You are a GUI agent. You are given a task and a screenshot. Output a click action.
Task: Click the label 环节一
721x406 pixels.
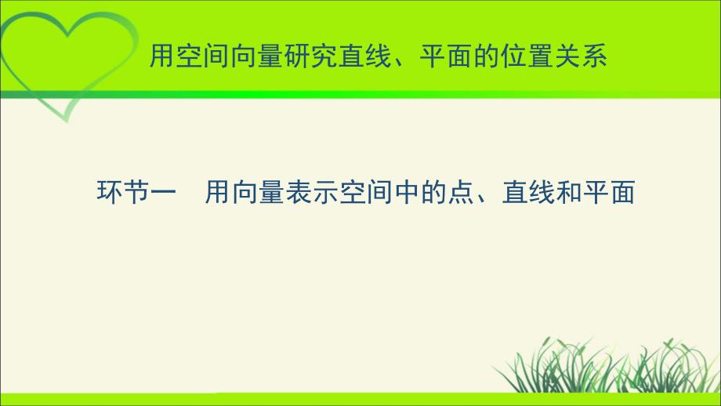tap(136, 192)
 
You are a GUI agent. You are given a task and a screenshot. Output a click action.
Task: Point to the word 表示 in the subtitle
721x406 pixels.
tap(312, 192)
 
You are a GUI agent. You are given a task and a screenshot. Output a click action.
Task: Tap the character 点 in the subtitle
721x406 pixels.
tap(461, 192)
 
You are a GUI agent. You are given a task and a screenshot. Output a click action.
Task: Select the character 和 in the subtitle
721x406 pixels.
tap(569, 192)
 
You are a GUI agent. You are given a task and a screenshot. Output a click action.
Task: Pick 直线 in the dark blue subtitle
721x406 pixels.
tap(529, 192)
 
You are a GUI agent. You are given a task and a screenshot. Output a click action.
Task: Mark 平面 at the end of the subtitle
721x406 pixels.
tap(609, 192)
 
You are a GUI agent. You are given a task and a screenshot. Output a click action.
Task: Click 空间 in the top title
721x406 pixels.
tap(204, 56)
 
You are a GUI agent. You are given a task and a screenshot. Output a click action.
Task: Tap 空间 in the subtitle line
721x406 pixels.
tap(367, 192)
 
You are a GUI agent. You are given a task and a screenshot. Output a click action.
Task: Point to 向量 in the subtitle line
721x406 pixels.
tap(259, 192)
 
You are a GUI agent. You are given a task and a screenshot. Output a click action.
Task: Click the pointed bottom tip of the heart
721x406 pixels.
tap(67, 122)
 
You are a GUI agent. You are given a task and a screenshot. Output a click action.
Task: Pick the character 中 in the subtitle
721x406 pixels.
tap(408, 192)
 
